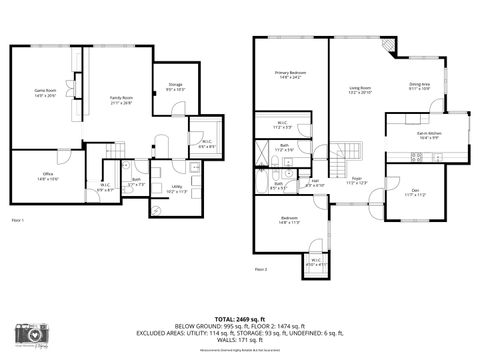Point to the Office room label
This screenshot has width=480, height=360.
[x=46, y=176]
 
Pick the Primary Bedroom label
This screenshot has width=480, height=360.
[x=291, y=75]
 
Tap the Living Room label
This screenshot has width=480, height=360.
[x=360, y=91]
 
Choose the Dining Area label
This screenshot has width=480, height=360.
[x=420, y=87]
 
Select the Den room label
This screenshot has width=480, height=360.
[x=414, y=192]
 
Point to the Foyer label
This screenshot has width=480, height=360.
[x=355, y=181]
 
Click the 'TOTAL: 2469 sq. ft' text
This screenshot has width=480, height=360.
[x=240, y=316]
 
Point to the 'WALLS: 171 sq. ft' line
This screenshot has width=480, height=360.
[x=240, y=341]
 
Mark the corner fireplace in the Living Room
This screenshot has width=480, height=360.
[x=387, y=48]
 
